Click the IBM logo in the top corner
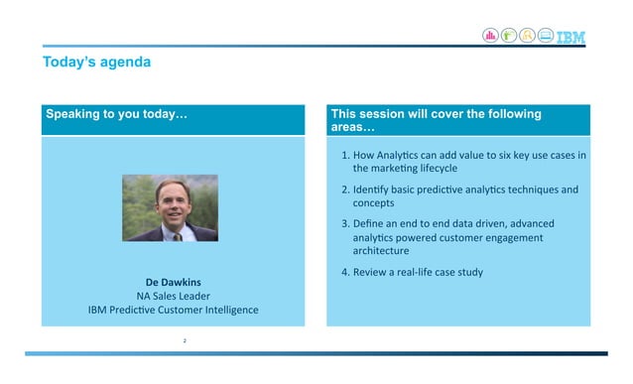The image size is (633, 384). coord(570,37)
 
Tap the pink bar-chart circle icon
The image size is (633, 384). coord(490,36)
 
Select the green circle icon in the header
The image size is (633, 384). coord(509,36)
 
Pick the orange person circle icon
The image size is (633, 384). coord(528,36)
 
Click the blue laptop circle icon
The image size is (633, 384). coord(547,36)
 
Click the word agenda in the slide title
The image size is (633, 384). coord(126,63)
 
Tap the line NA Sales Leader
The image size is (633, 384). coord(173,295)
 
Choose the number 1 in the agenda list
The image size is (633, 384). coord(343,155)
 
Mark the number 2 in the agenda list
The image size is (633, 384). coord(343,189)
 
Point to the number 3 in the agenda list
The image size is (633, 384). coord(343,222)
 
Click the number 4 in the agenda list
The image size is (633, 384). coord(343,271)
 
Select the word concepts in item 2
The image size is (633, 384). coord(374,202)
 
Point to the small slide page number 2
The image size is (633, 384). coord(185,340)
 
